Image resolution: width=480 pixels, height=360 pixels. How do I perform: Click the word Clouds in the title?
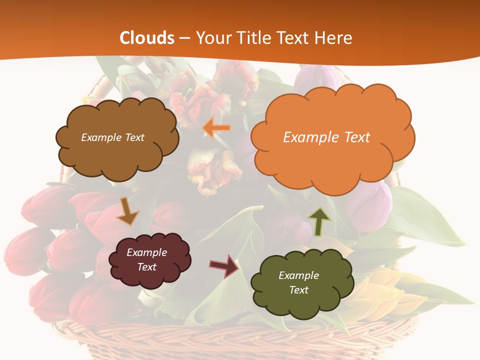pyautogui.click(x=147, y=38)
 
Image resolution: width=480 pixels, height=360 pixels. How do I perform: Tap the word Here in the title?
pyautogui.click(x=335, y=38)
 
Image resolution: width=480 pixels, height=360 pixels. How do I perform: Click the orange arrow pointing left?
pyautogui.click(x=216, y=128)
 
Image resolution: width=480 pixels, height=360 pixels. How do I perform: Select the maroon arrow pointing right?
pyautogui.click(x=224, y=265)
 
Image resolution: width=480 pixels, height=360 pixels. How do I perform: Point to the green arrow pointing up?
pyautogui.click(x=319, y=221)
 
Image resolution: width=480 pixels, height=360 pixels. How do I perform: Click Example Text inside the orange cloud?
pyautogui.click(x=326, y=137)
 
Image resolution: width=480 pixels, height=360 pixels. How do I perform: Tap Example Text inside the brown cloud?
pyautogui.click(x=112, y=137)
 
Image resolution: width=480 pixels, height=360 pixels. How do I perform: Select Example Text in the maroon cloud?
pyautogui.click(x=146, y=259)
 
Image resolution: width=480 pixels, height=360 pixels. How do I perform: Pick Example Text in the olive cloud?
pyautogui.click(x=298, y=282)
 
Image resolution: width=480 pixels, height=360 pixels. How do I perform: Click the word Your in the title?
pyautogui.click(x=211, y=38)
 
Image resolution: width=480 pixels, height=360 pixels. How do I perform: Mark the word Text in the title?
pyautogui.click(x=293, y=38)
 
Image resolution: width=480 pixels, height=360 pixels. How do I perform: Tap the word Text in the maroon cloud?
pyautogui.click(x=146, y=267)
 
